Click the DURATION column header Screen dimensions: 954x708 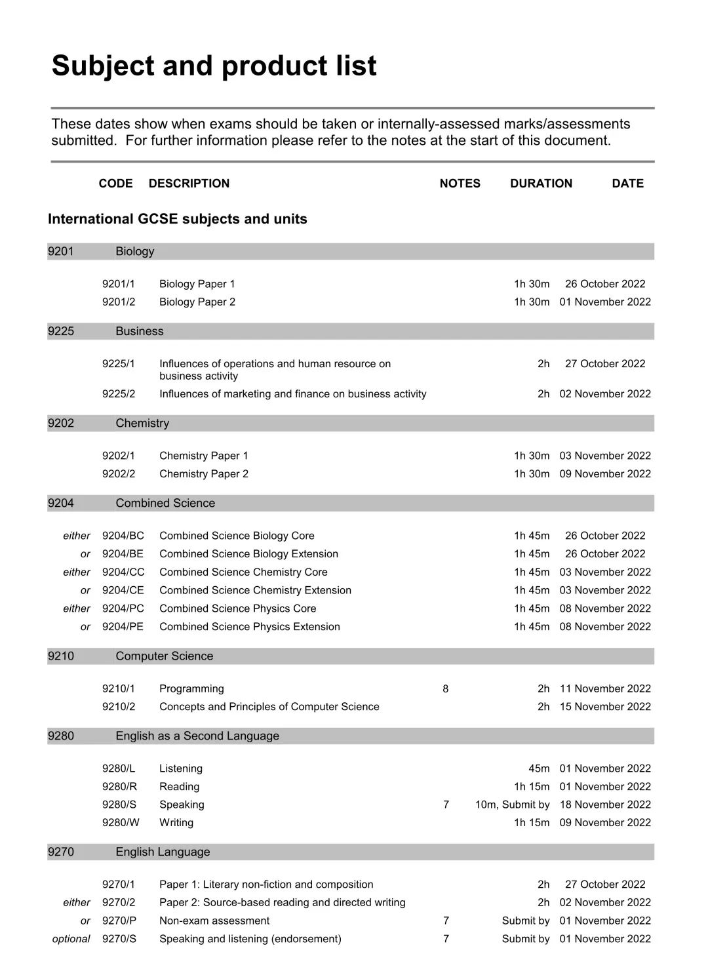[x=541, y=184]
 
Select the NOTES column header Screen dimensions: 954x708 [x=460, y=184]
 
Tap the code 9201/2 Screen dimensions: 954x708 [x=119, y=302]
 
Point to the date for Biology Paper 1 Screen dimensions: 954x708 [x=605, y=284]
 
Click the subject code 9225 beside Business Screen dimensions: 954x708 [x=61, y=331]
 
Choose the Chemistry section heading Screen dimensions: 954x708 [x=142, y=424]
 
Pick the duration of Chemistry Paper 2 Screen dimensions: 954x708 [x=532, y=474]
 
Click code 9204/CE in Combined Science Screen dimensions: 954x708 [x=123, y=591]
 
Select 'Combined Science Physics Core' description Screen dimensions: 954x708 [x=237, y=609]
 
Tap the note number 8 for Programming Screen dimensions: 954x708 [x=446, y=689]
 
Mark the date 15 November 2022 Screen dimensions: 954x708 [x=605, y=707]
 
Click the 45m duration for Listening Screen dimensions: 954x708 [x=539, y=768]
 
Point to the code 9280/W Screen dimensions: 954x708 [x=121, y=823]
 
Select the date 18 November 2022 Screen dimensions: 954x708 [x=605, y=805]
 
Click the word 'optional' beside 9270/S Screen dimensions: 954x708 [x=71, y=939]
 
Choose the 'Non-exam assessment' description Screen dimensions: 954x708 [x=214, y=921]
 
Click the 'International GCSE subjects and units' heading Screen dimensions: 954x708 [x=178, y=219]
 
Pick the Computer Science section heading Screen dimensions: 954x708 [x=165, y=656]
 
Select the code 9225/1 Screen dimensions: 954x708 [x=119, y=364]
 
